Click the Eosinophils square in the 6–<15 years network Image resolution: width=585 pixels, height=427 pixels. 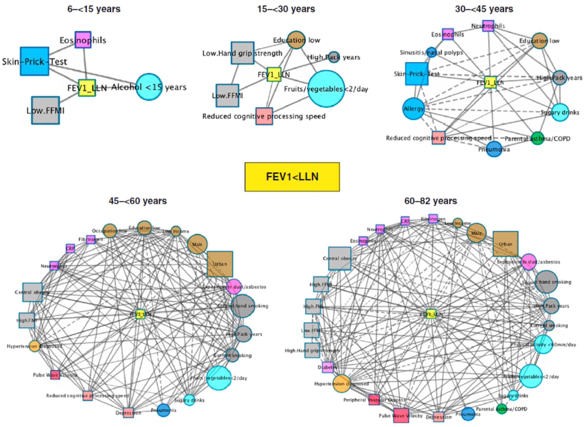[x=83, y=40]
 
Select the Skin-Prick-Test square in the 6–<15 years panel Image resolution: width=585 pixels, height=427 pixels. [x=34, y=61]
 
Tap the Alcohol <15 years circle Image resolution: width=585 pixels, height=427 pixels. [x=149, y=87]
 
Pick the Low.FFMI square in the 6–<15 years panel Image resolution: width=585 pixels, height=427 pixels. [x=46, y=110]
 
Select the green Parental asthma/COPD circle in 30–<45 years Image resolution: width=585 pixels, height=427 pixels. [x=537, y=139]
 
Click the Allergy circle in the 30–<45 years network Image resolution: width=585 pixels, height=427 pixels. [x=413, y=109]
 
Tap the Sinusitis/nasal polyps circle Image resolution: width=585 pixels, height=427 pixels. [x=431, y=52]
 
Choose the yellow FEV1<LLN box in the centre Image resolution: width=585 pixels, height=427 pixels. [x=292, y=177]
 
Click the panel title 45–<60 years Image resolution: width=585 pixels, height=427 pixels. [x=138, y=201]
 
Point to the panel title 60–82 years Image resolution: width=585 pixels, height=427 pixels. [x=431, y=201]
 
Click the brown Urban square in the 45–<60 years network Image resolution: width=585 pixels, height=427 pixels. [x=220, y=264]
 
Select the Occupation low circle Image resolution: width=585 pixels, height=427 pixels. [x=110, y=231]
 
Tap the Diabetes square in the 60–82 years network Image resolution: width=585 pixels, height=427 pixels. [x=328, y=367]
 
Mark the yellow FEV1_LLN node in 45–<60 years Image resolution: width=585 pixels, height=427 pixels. [x=140, y=314]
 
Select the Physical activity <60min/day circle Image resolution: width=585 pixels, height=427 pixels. [x=543, y=344]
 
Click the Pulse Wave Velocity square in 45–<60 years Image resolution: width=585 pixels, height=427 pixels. [x=55, y=375]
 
